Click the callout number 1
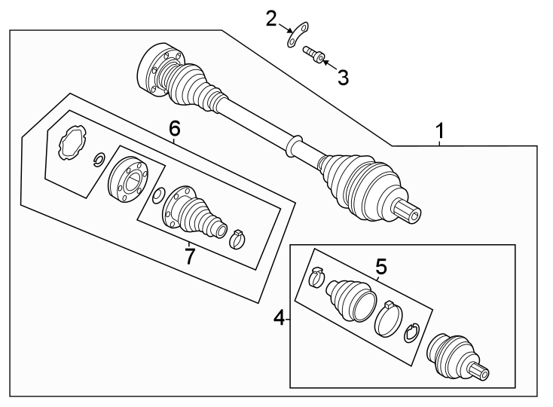tap(440, 131)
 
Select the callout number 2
tap(271, 19)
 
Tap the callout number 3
tap(343, 78)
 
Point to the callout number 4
tap(279, 318)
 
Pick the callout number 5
tap(381, 266)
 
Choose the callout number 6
tap(175, 128)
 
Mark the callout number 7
tap(190, 256)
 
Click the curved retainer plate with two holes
tap(297, 34)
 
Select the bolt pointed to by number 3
tap(314, 55)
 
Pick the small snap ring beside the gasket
tap(99, 159)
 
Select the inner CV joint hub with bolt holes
tap(128, 179)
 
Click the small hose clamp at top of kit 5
tap(316, 276)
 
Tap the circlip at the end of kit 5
tap(411, 332)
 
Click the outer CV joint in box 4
tap(457, 357)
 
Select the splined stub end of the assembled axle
tap(408, 211)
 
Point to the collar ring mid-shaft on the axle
tap(294, 145)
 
